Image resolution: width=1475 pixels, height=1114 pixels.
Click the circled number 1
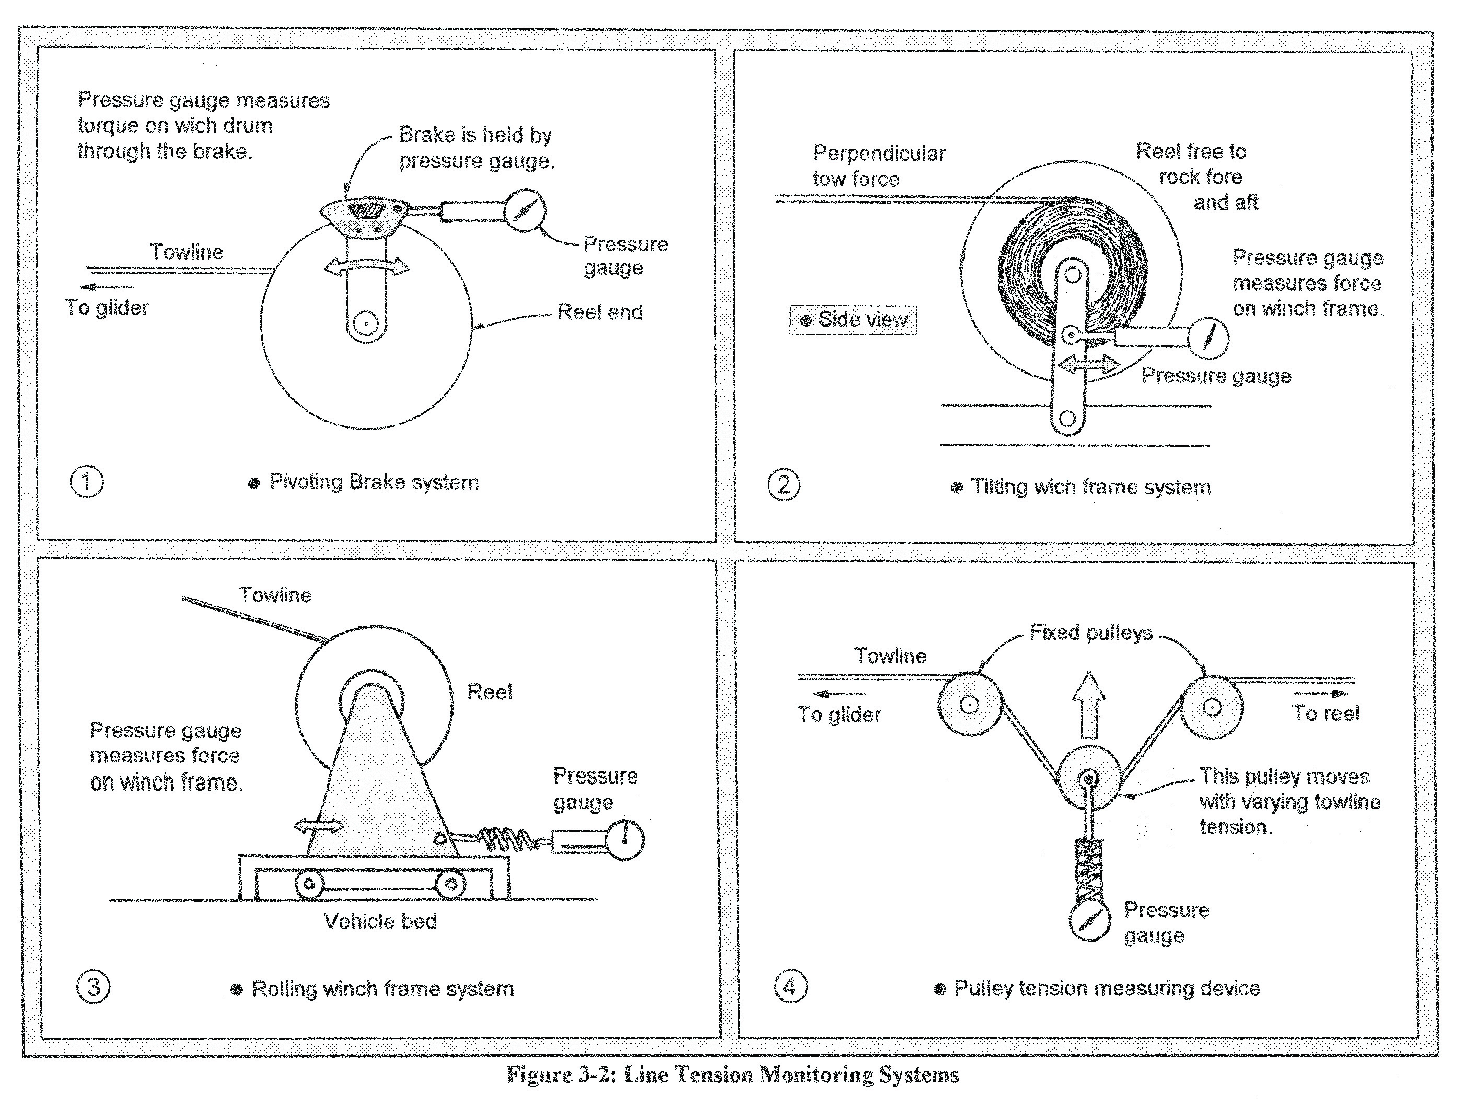(x=87, y=482)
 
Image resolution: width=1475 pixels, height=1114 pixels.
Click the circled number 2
(x=784, y=485)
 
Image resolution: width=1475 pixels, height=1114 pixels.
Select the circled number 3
(x=94, y=987)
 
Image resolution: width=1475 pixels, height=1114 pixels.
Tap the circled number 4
(x=790, y=986)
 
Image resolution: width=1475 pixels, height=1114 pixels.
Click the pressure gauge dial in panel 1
(x=525, y=211)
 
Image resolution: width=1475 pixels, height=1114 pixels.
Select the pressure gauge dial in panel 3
(x=624, y=839)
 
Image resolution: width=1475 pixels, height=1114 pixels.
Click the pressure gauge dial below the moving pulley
(x=1089, y=921)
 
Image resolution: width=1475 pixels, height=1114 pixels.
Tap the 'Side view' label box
(x=854, y=320)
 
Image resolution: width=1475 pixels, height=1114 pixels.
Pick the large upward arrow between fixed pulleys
(x=1089, y=705)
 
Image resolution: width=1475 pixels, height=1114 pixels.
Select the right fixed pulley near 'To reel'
(x=1212, y=706)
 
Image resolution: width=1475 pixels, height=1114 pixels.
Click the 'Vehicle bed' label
(x=380, y=921)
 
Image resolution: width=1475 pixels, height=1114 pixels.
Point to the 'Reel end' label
(x=599, y=312)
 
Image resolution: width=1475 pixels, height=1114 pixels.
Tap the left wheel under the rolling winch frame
(x=309, y=885)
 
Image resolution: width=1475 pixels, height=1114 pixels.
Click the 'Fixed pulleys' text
(x=1091, y=633)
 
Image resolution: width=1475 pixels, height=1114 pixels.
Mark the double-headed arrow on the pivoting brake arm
(x=366, y=266)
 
